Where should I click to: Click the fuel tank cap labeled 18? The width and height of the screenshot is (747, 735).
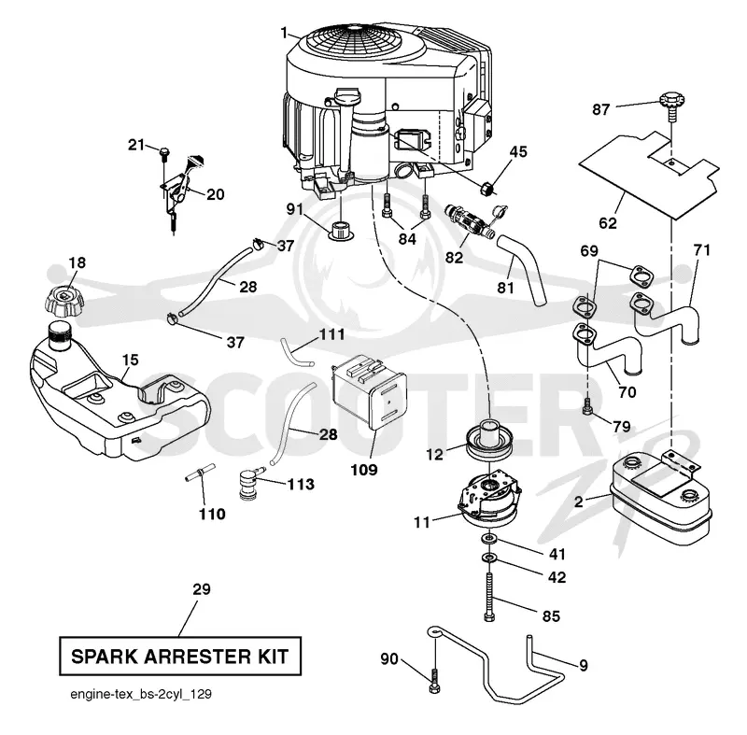63,301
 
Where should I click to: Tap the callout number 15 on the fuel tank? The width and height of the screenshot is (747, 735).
130,360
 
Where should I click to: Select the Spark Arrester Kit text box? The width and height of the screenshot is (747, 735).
180,656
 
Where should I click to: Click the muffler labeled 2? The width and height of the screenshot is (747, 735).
661,502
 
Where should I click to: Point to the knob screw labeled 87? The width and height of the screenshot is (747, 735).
671,106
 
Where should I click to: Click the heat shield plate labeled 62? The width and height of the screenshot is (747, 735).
649,175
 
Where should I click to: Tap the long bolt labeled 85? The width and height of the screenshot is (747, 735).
489,597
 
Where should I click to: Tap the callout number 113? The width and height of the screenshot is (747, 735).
301,485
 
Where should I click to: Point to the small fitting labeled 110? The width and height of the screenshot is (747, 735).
200,473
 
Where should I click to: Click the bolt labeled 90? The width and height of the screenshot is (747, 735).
434,681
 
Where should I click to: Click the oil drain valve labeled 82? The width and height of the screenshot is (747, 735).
470,219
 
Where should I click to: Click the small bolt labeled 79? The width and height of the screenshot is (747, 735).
587,406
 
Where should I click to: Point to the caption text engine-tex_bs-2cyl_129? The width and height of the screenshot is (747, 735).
141,694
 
